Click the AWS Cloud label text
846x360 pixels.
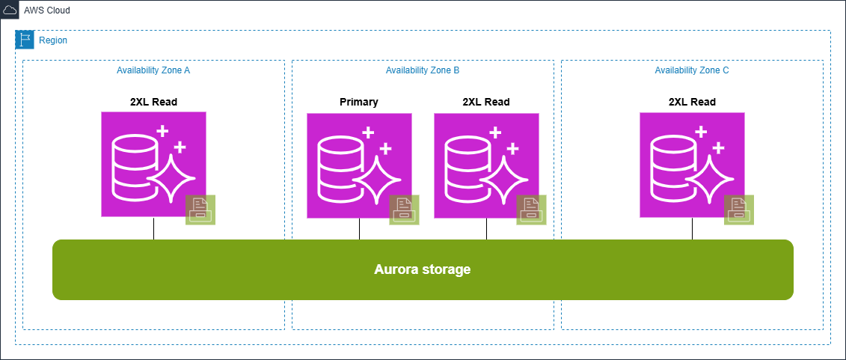point(47,10)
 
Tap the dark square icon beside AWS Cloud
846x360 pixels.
point(10,10)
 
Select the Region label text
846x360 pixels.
point(52,40)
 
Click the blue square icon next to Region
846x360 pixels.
point(25,40)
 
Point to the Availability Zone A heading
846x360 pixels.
point(153,70)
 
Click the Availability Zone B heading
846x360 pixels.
point(423,70)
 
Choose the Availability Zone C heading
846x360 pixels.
point(692,70)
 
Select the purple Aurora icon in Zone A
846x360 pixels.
point(153,164)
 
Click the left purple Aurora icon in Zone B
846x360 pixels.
point(359,165)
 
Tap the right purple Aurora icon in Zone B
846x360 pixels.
point(486,165)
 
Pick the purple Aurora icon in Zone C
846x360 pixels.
point(692,165)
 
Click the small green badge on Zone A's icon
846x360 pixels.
point(200,210)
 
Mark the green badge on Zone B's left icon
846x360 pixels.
point(404,210)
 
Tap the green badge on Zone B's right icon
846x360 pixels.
point(531,210)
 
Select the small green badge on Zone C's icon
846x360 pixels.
point(738,210)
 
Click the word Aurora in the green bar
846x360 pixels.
point(396,269)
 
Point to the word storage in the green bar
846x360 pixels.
point(447,269)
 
